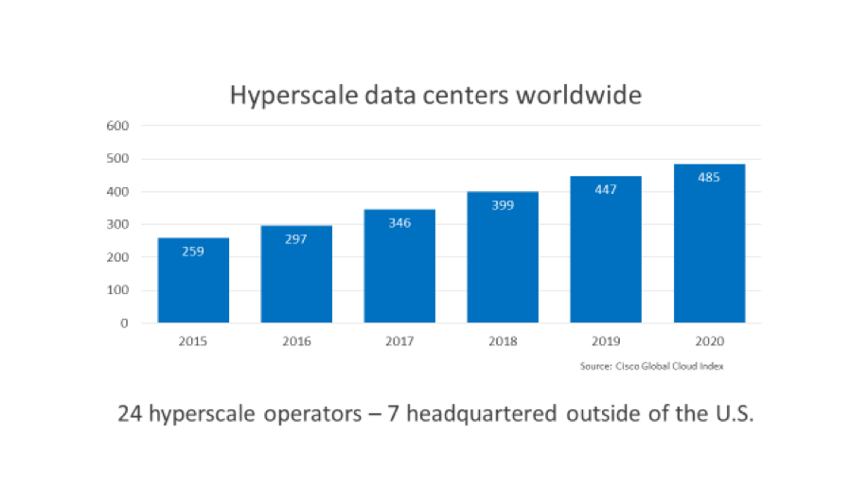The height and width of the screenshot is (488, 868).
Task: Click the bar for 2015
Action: pyautogui.click(x=193, y=280)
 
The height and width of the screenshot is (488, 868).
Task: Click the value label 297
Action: pyautogui.click(x=296, y=239)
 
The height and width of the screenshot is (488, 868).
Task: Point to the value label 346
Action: pyautogui.click(x=399, y=223)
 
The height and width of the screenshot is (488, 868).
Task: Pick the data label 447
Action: pyautogui.click(x=606, y=190)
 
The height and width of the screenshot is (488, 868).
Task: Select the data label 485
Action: pyautogui.click(x=709, y=178)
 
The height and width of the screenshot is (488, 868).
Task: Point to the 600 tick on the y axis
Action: pyautogui.click(x=117, y=126)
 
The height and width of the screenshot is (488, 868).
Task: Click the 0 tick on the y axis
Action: pyautogui.click(x=124, y=323)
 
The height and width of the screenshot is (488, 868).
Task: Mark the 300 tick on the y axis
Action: pyautogui.click(x=117, y=225)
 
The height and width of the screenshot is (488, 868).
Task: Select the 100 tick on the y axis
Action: pyautogui.click(x=117, y=290)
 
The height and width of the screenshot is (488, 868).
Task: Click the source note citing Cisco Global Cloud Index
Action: pyautogui.click(x=651, y=366)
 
